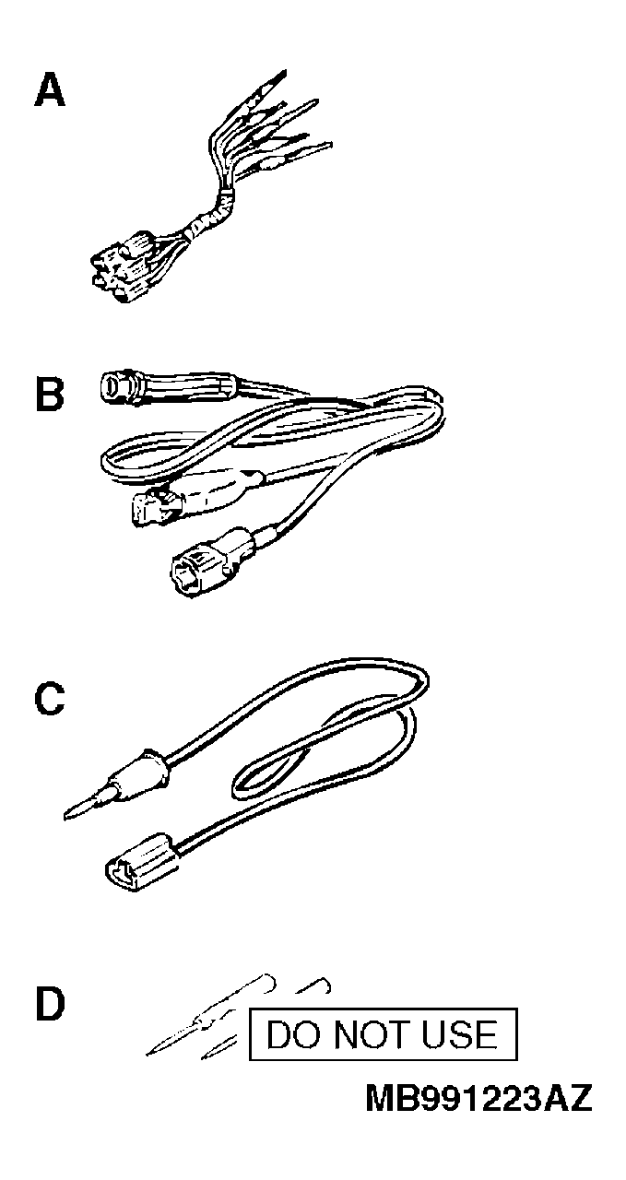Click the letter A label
click(50, 90)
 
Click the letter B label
click(50, 393)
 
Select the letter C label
click(50, 699)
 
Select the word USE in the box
click(460, 1034)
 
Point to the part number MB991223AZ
click(479, 1098)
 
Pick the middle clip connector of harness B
click(195, 498)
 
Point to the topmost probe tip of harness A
click(284, 72)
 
